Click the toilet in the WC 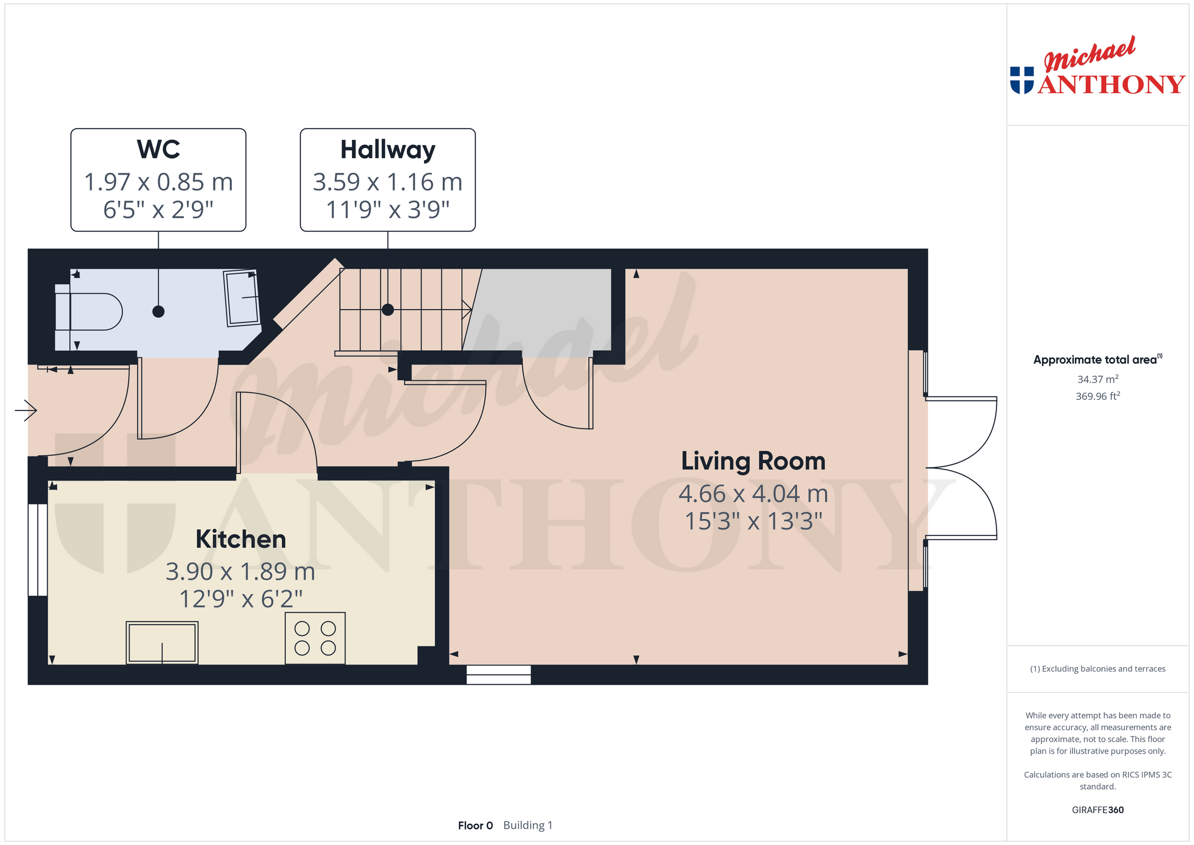pyautogui.click(x=88, y=311)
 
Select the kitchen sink pyautogui.click(x=162, y=643)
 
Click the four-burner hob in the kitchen pyautogui.click(x=315, y=638)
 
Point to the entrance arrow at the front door pyautogui.click(x=26, y=410)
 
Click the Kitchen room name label pyautogui.click(x=241, y=539)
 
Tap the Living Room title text pyautogui.click(x=753, y=461)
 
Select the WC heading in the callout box pyautogui.click(x=158, y=149)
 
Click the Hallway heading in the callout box pyautogui.click(x=387, y=150)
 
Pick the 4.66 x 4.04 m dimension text pyautogui.click(x=753, y=494)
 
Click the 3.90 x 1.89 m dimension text pyautogui.click(x=241, y=571)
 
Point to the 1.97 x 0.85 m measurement pyautogui.click(x=158, y=182)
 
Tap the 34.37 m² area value pyautogui.click(x=1097, y=379)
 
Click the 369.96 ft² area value pyautogui.click(x=1097, y=396)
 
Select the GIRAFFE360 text pyautogui.click(x=1097, y=810)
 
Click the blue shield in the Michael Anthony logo pyautogui.click(x=1022, y=80)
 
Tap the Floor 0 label pyautogui.click(x=475, y=826)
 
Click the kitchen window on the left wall pyautogui.click(x=38, y=550)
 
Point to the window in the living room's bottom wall pyautogui.click(x=498, y=675)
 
